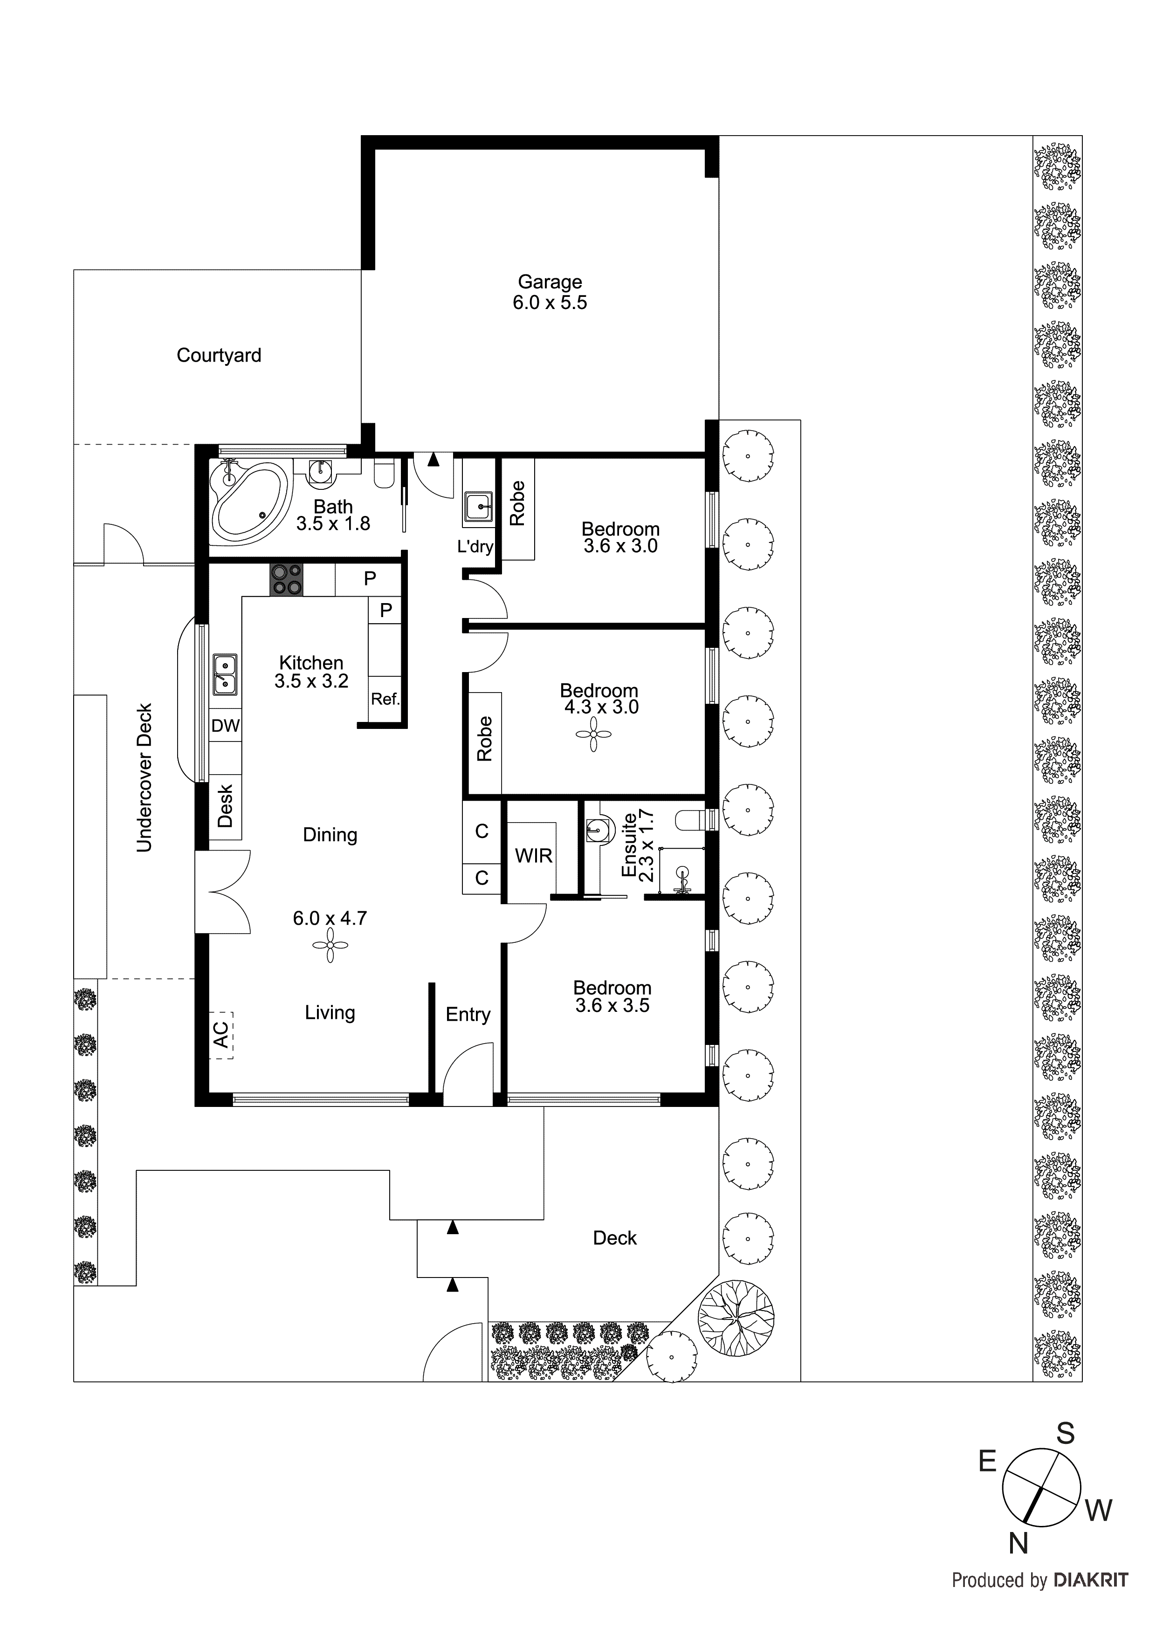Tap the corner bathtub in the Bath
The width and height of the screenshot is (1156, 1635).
coord(249,500)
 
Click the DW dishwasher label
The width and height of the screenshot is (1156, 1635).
coord(225,726)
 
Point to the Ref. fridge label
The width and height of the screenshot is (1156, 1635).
coord(385,699)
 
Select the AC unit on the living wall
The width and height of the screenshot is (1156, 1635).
coord(221,1035)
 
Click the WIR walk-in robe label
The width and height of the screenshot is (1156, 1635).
coord(533,855)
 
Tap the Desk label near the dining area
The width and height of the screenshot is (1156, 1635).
coord(225,806)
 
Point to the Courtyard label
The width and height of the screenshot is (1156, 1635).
coord(219,355)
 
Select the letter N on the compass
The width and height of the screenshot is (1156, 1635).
coord(1018,1543)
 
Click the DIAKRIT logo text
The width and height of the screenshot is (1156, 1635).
coord(1090,1580)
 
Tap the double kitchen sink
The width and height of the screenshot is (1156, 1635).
coord(225,674)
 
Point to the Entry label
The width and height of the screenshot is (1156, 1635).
coord(468,1014)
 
